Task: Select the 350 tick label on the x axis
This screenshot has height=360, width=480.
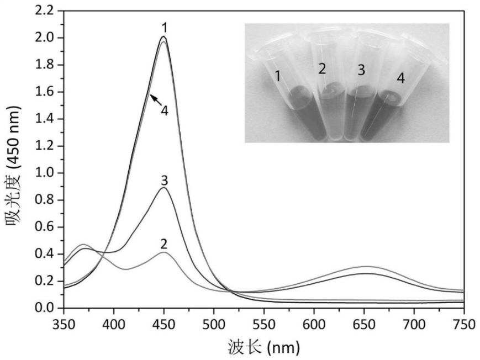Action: tap(64, 324)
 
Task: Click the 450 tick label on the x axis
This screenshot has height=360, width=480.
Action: tap(164, 324)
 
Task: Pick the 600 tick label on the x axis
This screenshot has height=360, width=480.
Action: tap(314, 324)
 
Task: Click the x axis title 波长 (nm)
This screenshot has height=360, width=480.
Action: tap(264, 348)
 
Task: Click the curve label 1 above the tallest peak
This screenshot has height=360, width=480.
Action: tap(164, 27)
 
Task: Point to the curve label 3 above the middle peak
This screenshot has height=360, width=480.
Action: tap(164, 179)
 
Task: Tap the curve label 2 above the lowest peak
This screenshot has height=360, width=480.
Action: tap(164, 243)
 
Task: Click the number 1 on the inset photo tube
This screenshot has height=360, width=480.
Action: tap(278, 77)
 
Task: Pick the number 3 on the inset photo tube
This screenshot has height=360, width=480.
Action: tap(361, 70)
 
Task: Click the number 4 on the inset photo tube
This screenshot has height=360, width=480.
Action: tap(400, 79)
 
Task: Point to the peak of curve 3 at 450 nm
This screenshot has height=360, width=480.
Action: tap(163, 188)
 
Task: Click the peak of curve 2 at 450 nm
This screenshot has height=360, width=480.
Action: tap(163, 252)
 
